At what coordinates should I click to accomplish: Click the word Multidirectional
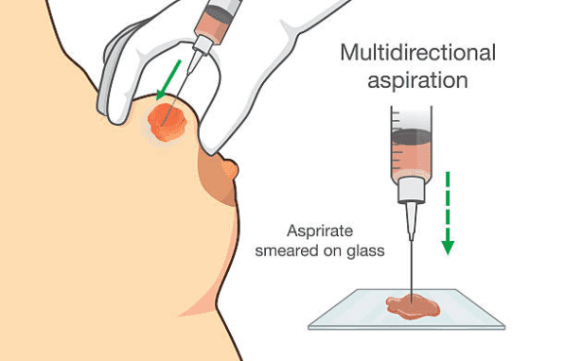tap(418, 53)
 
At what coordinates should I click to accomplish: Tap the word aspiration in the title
tap(417, 80)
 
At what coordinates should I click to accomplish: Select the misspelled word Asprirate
tap(320, 232)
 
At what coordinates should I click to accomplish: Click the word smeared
tap(287, 250)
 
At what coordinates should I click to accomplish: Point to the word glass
tap(365, 251)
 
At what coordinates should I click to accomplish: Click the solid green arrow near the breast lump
tap(168, 80)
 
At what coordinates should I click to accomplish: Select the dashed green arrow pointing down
tap(448, 213)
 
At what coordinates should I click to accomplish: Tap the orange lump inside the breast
tap(168, 122)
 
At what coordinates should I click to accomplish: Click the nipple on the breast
tap(231, 169)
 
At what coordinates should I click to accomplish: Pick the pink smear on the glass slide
tap(414, 307)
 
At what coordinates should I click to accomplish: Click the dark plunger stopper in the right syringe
tap(411, 137)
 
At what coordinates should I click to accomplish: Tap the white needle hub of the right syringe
tap(411, 190)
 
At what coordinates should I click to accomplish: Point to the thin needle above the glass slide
tap(411, 266)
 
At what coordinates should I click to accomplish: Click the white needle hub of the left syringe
tap(203, 45)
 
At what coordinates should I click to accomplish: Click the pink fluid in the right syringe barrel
tap(411, 161)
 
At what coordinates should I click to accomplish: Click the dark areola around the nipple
tap(216, 180)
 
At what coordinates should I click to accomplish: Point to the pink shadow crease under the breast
tap(202, 306)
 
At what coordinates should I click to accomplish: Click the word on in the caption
tap(332, 251)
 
